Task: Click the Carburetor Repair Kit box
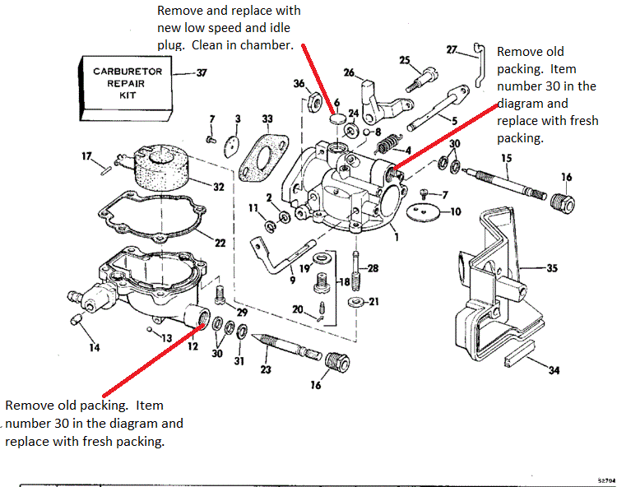pyautogui.click(x=126, y=88)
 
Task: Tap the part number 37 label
pyautogui.click(x=202, y=72)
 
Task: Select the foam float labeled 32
pyautogui.click(x=161, y=167)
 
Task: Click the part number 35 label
pyautogui.click(x=552, y=268)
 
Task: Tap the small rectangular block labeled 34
pyautogui.click(x=519, y=355)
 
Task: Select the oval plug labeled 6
pyautogui.click(x=337, y=118)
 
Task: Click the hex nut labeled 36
pyautogui.click(x=315, y=101)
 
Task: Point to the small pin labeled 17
pyautogui.click(x=106, y=171)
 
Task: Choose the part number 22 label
pyautogui.click(x=220, y=243)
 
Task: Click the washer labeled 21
pyautogui.click(x=356, y=302)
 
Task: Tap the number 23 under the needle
pyautogui.click(x=266, y=369)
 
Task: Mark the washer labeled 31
pyautogui.click(x=242, y=332)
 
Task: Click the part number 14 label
pyautogui.click(x=95, y=348)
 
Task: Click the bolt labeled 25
pyautogui.click(x=422, y=80)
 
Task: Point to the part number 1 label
pyautogui.click(x=397, y=237)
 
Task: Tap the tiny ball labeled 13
pyautogui.click(x=150, y=329)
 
